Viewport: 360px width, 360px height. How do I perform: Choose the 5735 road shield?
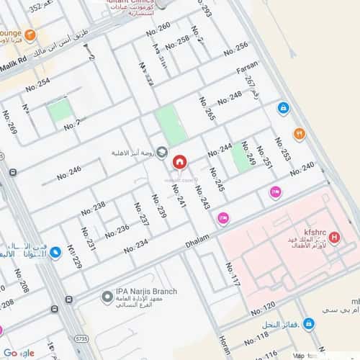[x=81, y=338]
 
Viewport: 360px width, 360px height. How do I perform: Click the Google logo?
[x=19, y=352]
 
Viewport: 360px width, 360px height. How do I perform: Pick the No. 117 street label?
[x=232, y=275]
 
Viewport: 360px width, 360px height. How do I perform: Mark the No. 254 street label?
[x=37, y=84]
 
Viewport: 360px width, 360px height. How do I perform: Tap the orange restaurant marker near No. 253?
[x=299, y=133]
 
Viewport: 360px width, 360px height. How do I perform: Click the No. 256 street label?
[x=235, y=49]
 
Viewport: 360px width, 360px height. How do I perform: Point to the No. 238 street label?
[x=93, y=208]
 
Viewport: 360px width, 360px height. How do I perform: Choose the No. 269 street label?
[x=9, y=122]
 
